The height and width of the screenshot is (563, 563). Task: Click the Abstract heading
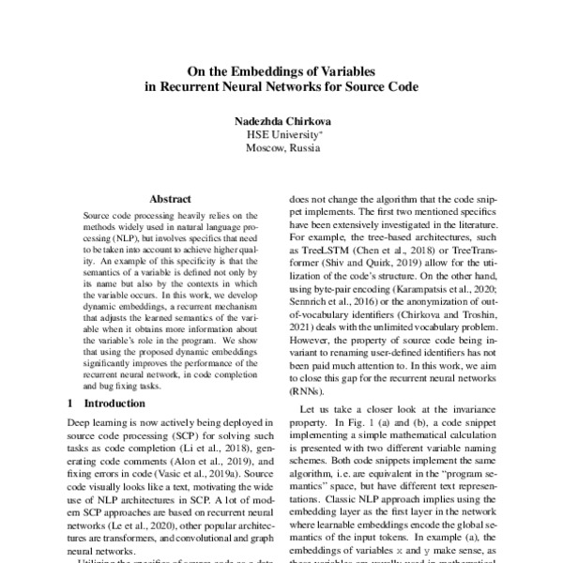coord(170,199)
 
